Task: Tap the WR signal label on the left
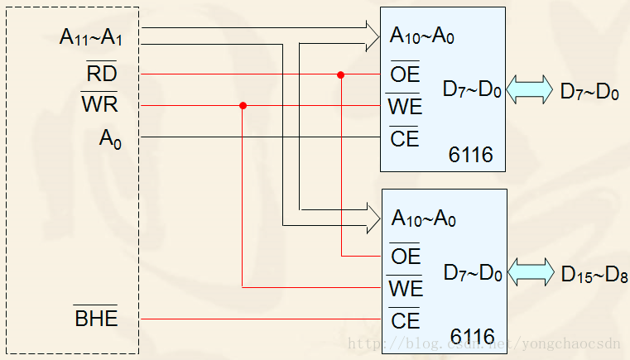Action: (x=99, y=106)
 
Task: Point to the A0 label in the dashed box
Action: (x=110, y=138)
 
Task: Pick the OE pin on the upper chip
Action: (x=405, y=75)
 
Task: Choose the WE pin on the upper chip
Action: (x=405, y=107)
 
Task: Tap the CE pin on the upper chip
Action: (x=405, y=138)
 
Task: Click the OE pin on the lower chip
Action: (x=405, y=257)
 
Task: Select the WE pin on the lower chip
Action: (x=405, y=289)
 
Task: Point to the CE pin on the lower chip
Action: (x=405, y=319)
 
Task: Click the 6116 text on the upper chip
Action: (x=470, y=155)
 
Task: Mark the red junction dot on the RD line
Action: (x=340, y=75)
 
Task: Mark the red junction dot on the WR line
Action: (x=243, y=106)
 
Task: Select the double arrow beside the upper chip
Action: (x=530, y=90)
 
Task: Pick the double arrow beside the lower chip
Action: (x=531, y=271)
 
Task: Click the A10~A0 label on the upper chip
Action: (x=422, y=37)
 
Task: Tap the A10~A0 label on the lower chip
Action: (x=422, y=219)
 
